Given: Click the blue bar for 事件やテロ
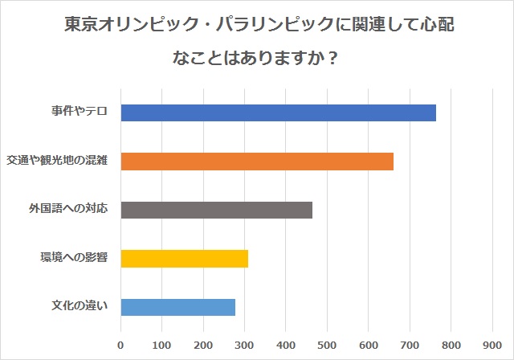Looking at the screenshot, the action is (x=279, y=112).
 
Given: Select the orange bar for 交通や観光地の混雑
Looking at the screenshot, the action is (x=257, y=162).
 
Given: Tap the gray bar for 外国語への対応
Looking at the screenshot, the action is (x=216, y=211).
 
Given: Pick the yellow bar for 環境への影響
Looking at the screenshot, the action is (x=185, y=259).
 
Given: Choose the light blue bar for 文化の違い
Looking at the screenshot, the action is (x=178, y=307).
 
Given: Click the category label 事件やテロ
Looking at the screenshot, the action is (x=80, y=111).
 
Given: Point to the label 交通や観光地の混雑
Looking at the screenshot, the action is (x=57, y=160).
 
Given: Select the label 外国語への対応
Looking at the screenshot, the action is (x=68, y=208).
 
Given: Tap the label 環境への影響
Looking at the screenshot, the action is (x=74, y=257).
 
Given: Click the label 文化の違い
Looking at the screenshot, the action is (x=80, y=305).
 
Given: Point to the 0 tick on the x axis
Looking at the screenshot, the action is (x=120, y=345).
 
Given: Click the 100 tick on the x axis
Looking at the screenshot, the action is (x=162, y=345).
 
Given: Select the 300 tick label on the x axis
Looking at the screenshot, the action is (x=244, y=345).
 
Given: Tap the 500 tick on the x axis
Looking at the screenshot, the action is (x=327, y=345).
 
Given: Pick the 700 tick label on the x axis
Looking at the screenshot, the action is (x=410, y=345).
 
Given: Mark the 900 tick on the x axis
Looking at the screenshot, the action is (x=492, y=345).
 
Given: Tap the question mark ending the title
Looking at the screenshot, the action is (x=332, y=59).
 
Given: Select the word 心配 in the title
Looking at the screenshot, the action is (x=437, y=24).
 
